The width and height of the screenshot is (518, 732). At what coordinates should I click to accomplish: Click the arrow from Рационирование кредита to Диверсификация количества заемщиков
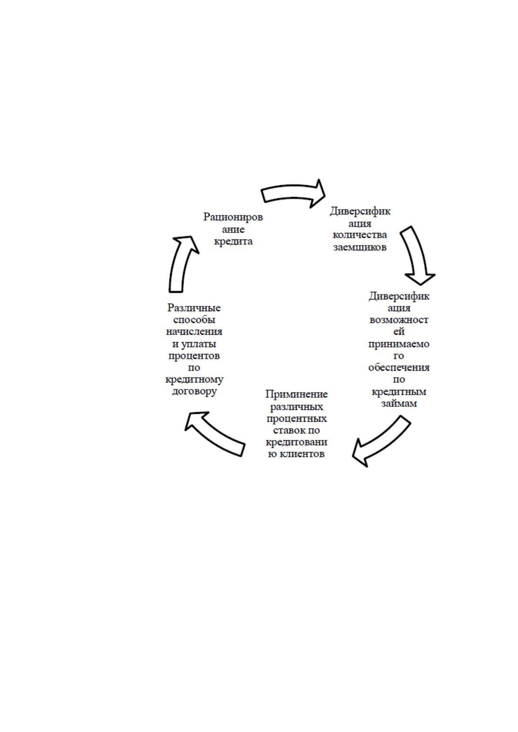click(x=293, y=193)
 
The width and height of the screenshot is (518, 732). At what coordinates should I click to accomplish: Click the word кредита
click(x=233, y=242)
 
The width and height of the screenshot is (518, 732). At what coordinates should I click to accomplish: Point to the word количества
click(x=360, y=235)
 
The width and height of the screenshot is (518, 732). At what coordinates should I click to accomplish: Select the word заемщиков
click(x=360, y=247)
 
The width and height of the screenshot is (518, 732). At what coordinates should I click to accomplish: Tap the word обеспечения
click(x=399, y=368)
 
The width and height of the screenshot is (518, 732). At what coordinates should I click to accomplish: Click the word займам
click(x=399, y=403)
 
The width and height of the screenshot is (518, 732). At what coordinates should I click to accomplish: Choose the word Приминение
click(x=297, y=394)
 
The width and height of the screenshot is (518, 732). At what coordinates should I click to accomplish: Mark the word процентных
click(x=297, y=419)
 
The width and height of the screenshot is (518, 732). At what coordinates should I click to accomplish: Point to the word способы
click(x=194, y=320)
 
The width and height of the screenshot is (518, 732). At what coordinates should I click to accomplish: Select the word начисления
click(x=194, y=332)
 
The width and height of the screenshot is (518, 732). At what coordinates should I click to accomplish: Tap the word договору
click(x=194, y=392)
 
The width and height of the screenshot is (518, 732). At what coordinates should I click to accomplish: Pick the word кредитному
click(x=194, y=380)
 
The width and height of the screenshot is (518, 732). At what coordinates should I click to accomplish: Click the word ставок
click(x=287, y=430)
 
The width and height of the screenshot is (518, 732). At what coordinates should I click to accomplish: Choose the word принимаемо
click(x=399, y=344)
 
